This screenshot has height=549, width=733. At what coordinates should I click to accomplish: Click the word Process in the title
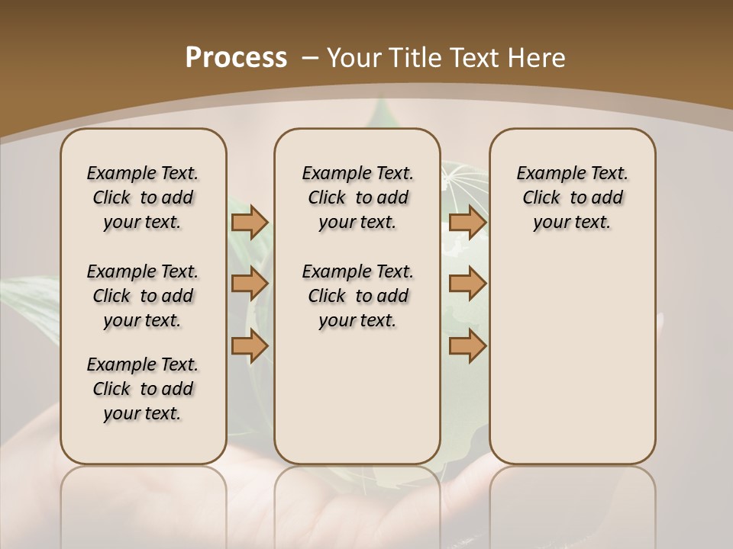point(236,57)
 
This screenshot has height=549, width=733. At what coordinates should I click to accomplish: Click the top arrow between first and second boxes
point(250,222)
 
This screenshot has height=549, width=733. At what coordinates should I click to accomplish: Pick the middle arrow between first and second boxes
point(250,284)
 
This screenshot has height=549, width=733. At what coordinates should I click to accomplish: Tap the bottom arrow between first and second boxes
point(250,346)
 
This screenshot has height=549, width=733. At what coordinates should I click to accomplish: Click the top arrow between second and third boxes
point(467,222)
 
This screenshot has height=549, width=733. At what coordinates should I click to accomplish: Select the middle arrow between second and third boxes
point(467,284)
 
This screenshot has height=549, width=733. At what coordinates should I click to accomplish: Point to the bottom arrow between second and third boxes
point(467,346)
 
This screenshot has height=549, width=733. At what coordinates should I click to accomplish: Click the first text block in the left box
point(143,197)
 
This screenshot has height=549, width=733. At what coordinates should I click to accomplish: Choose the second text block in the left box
point(143,296)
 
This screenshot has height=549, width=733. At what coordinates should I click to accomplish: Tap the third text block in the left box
point(143,389)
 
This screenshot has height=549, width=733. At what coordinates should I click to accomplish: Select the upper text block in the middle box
point(357,197)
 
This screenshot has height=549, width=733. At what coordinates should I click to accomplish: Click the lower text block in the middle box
point(357,296)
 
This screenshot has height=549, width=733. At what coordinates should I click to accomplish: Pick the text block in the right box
point(572,197)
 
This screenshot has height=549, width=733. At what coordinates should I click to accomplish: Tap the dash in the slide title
point(310,58)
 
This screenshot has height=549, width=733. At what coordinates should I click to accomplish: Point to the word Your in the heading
point(355,58)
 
